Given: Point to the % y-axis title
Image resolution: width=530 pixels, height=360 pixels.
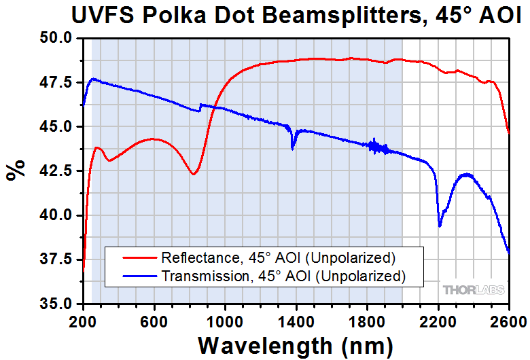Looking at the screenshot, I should [x=16, y=170].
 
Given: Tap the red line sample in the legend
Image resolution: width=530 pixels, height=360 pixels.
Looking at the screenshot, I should [x=137, y=258].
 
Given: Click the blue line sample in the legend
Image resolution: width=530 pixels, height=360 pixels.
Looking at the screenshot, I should [x=137, y=276].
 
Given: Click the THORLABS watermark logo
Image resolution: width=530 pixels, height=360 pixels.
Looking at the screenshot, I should [x=474, y=290].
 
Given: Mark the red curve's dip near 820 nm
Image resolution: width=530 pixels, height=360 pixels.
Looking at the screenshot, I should [x=194, y=174].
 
